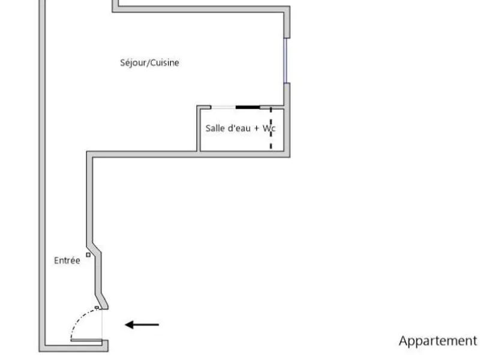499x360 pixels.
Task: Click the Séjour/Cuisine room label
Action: pos(149,63)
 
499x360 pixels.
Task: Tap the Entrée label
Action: pos(67,260)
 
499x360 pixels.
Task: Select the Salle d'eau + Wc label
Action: pos(241,128)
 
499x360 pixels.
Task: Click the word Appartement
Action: pos(438,341)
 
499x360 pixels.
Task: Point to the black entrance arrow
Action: pos(142,325)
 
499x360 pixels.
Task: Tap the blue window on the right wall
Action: pos(285,61)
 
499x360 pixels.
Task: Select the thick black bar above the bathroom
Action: pos(248,107)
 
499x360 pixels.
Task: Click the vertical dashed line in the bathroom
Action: pos(271,128)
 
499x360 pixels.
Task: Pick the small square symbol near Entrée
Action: pos(88,254)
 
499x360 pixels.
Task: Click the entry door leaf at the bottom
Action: pos(86,340)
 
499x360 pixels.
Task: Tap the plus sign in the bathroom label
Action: pos(257,128)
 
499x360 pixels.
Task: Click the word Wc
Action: pos(269,128)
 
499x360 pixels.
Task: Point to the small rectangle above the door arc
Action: pos(97,307)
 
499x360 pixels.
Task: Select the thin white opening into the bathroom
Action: pos(223,107)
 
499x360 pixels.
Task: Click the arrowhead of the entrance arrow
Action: pos(129,325)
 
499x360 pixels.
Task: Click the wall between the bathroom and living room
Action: pos(199,128)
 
